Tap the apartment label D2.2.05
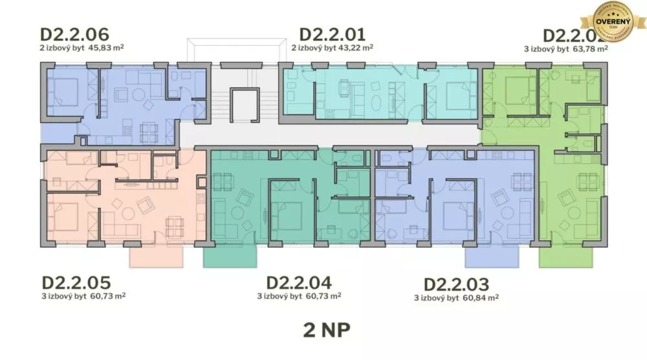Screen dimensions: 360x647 [76, 283]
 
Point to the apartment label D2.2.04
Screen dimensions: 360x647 [299, 283]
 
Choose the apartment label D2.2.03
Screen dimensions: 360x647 [456, 285]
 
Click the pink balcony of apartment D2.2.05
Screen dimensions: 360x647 [156, 256]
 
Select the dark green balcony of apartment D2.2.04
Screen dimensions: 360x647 [230, 256]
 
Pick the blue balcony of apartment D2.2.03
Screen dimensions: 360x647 [491, 256]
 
